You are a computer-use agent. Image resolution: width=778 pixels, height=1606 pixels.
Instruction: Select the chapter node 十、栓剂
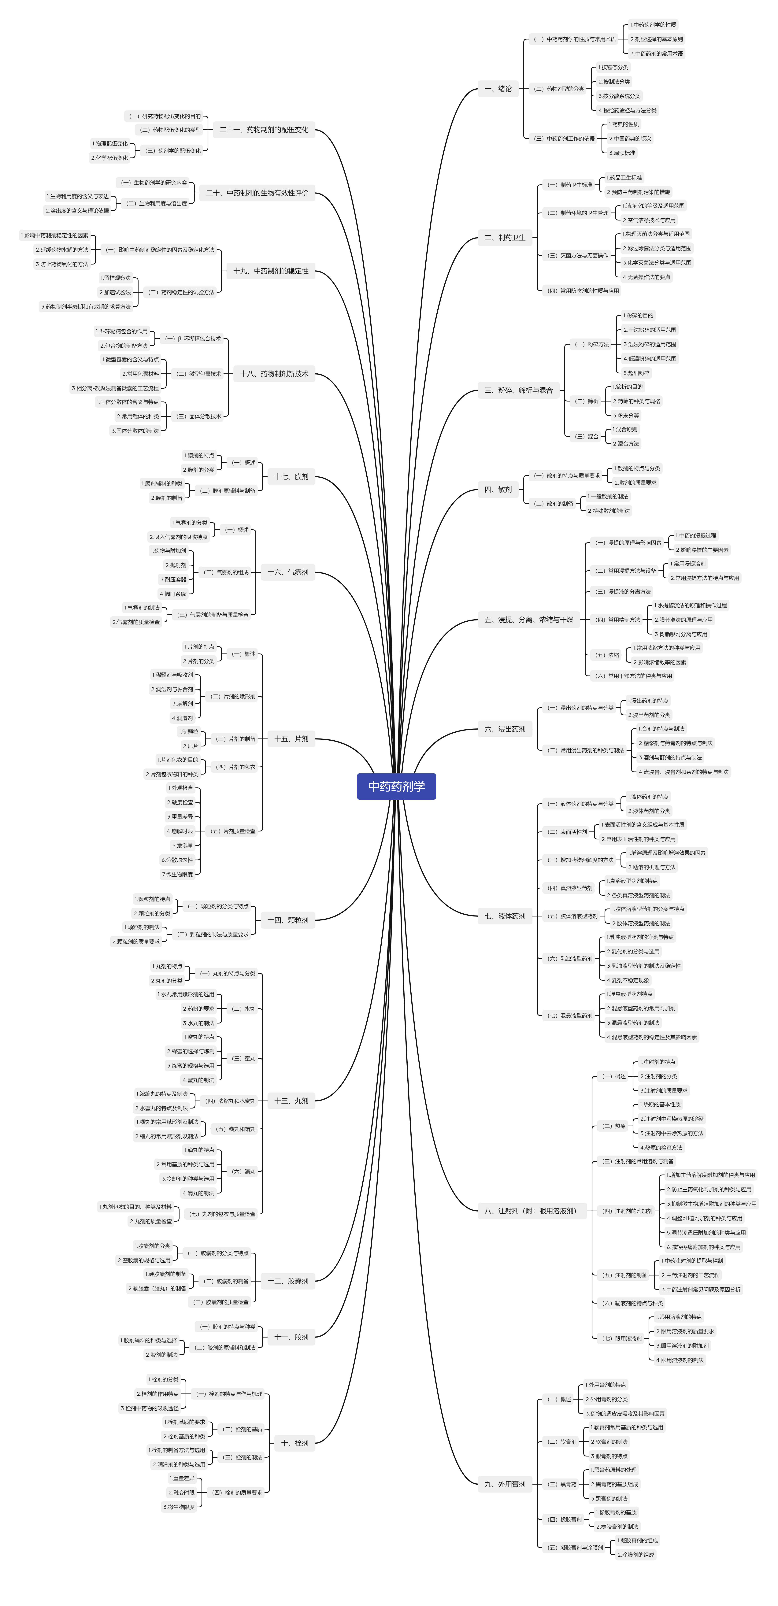pyautogui.click(x=294, y=1443)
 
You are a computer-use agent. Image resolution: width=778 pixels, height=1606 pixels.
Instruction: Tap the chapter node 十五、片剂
pyautogui.click(x=291, y=739)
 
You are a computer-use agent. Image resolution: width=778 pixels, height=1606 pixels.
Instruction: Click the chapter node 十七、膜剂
pyautogui.click(x=291, y=476)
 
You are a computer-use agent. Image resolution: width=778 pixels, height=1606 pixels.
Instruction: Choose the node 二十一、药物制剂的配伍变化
pyautogui.click(x=264, y=130)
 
